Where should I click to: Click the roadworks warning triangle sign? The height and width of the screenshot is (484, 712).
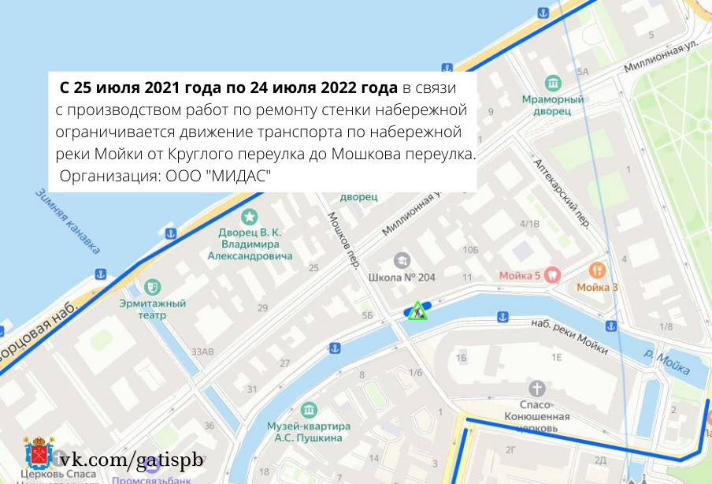pyautogui.click(x=417, y=311)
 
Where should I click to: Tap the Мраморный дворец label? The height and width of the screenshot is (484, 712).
pyautogui.click(x=552, y=106)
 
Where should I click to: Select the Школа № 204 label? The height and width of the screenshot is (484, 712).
pyautogui.click(x=402, y=277)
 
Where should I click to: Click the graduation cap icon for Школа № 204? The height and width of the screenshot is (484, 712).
pyautogui.click(x=402, y=259)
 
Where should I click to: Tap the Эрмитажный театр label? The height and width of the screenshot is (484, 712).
pyautogui.click(x=153, y=309)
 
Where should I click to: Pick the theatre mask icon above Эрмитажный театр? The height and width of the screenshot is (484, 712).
pyautogui.click(x=153, y=285)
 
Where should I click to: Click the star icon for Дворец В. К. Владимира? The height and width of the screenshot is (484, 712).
pyautogui.click(x=250, y=216)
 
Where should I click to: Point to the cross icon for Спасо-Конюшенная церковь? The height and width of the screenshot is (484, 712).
pyautogui.click(x=537, y=389)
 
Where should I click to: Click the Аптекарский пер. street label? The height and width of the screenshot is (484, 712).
pyautogui.click(x=562, y=192)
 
